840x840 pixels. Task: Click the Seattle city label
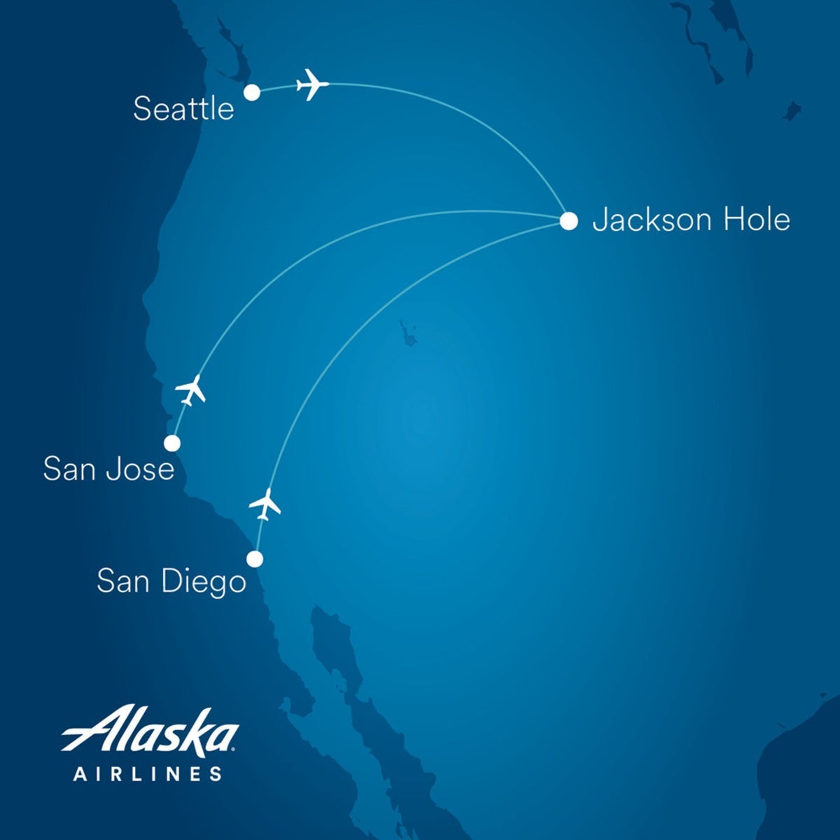coord(183,109)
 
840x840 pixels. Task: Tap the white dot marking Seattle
coord(252,92)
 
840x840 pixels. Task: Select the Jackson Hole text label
coord(691,220)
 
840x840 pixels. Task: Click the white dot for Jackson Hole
coord(569,221)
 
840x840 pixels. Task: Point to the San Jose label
coord(108,468)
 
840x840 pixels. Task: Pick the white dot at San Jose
coord(171,443)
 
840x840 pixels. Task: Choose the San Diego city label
coord(171,582)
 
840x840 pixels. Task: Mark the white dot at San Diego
coord(255,559)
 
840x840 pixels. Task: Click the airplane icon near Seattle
coord(312,85)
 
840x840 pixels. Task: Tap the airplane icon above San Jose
coord(190,390)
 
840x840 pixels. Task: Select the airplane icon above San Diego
coord(265,504)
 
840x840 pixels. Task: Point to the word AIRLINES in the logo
coord(148,774)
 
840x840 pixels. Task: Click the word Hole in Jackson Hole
coord(756,220)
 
